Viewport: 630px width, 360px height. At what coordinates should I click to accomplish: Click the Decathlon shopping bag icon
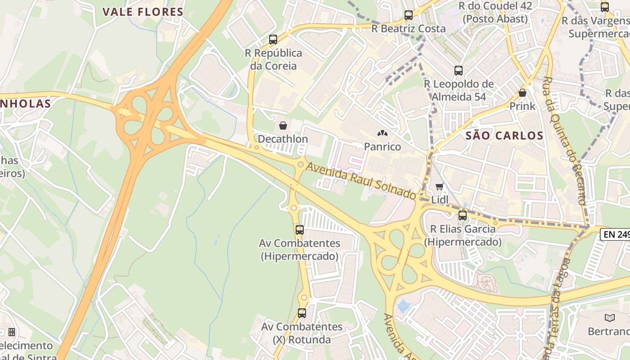[283, 126]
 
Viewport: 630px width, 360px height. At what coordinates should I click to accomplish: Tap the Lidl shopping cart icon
[440, 186]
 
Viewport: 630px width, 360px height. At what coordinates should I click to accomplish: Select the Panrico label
[382, 146]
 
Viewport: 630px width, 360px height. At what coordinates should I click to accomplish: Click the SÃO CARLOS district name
[504, 135]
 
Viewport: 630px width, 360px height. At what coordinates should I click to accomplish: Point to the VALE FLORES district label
[143, 12]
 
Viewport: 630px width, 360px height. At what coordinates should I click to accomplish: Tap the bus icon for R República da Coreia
[273, 40]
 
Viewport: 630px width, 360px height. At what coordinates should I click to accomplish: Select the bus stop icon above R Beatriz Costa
[409, 15]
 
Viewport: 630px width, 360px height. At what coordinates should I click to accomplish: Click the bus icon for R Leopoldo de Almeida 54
[459, 71]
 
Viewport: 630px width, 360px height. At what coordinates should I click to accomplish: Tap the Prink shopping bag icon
[522, 93]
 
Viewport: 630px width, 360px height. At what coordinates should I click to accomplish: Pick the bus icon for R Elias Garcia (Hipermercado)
[463, 216]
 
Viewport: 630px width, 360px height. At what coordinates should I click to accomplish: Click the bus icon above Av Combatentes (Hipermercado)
[300, 230]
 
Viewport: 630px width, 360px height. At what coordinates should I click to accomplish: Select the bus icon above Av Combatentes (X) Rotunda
[302, 313]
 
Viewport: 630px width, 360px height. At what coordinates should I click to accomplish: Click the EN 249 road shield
[616, 234]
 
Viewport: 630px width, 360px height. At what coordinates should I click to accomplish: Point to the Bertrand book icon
[610, 318]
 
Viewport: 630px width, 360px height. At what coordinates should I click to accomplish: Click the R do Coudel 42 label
[495, 6]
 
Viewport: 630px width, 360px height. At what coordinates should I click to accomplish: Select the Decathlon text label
[283, 139]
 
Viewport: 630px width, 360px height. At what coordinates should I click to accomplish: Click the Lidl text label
[440, 199]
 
